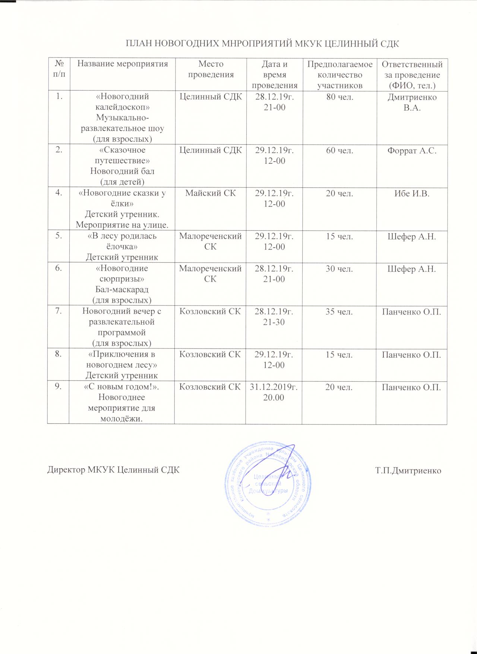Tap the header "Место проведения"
click(211, 69)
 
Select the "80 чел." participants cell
click(339, 97)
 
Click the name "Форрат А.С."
click(411, 151)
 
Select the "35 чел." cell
click(339, 312)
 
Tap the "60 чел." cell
click(339, 151)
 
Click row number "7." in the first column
click(58, 311)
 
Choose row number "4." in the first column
click(58, 193)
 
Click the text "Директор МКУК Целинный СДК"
click(113, 470)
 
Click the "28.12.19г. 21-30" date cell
click(274, 317)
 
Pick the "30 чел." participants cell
click(339, 269)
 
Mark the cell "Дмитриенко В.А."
click(411, 102)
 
